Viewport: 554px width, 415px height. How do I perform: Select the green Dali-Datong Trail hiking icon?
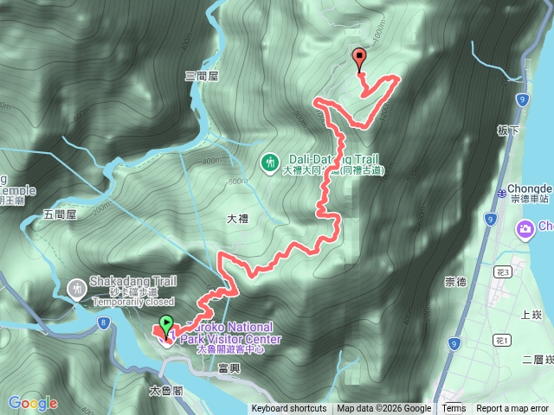(x=270, y=162)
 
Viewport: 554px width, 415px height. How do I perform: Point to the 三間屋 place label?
(x=201, y=76)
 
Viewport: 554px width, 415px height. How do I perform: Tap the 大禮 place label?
(x=237, y=219)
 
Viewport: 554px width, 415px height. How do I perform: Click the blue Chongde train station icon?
(x=503, y=191)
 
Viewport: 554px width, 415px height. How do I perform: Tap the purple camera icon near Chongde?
(x=525, y=228)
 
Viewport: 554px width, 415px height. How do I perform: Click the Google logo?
(x=32, y=403)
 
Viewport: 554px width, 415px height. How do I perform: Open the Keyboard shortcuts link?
(x=289, y=409)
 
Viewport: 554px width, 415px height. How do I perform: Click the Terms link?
(x=454, y=409)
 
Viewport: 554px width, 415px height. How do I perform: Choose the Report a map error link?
(x=512, y=409)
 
